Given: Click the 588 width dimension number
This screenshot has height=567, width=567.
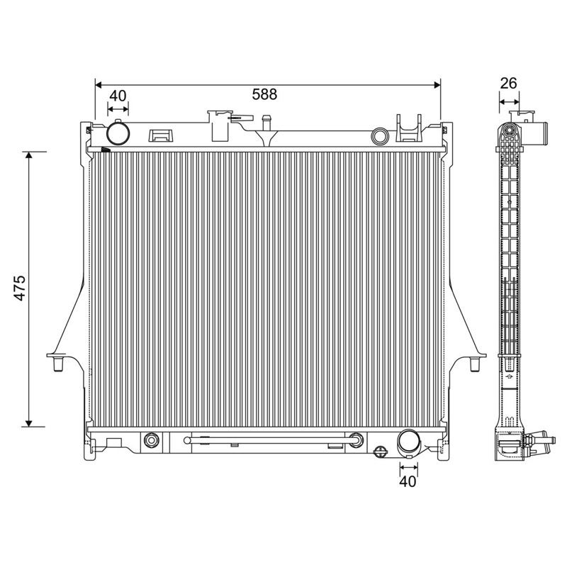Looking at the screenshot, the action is (x=264, y=94).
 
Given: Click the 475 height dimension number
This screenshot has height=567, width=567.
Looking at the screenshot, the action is (x=20, y=288).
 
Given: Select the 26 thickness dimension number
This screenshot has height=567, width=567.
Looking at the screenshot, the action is (x=508, y=83).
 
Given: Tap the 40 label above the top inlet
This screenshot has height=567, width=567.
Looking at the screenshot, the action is (x=118, y=96).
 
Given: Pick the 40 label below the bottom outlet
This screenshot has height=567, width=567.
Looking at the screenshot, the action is (x=408, y=481).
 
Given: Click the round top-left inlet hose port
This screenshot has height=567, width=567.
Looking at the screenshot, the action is (x=118, y=133).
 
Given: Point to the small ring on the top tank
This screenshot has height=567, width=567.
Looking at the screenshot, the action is (x=380, y=136).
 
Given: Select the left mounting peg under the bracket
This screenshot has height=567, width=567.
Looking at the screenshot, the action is (x=58, y=364).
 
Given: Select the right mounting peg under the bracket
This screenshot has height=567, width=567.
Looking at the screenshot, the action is (x=474, y=364).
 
